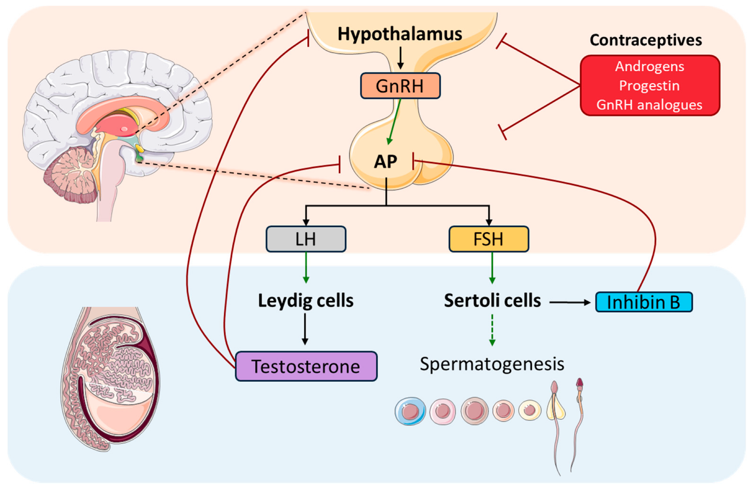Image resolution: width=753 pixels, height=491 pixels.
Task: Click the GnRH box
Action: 400,86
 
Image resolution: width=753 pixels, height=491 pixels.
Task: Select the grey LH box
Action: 306,239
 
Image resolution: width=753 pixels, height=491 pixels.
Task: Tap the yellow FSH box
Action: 489,239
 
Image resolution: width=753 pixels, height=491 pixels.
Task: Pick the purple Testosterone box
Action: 306,366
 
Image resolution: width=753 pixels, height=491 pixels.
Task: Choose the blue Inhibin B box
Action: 644,302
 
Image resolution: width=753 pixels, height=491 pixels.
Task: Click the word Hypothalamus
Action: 400,34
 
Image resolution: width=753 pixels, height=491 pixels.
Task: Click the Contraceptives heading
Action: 646,40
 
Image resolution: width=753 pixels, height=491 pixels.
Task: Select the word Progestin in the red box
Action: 649,86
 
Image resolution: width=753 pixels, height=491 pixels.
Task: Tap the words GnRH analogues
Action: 649,105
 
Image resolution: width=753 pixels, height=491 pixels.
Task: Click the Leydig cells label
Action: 306,301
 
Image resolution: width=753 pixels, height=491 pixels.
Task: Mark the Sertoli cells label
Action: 492,301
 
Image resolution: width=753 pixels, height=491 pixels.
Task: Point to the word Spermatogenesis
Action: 492,364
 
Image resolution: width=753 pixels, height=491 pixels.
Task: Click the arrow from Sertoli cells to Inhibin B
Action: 570,302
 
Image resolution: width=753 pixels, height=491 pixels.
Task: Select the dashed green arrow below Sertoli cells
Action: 492,330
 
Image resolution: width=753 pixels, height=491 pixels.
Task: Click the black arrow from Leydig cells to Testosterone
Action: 305,329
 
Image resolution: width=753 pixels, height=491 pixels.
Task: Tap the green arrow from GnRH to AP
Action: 395,121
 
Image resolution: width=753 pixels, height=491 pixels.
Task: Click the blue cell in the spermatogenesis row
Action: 410,411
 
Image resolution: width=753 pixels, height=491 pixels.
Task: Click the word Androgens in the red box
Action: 649,67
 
